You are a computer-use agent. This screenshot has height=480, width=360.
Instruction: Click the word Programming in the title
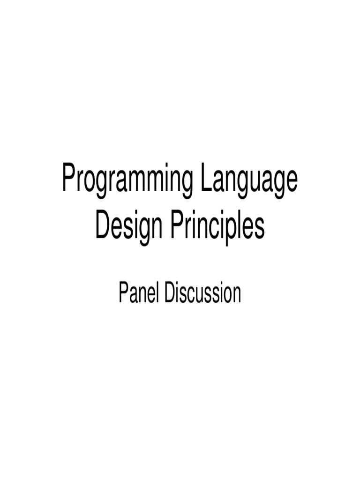pos(126,181)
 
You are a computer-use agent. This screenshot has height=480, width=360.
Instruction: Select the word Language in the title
pos(248,181)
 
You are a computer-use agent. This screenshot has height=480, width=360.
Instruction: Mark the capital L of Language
pos(205,178)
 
